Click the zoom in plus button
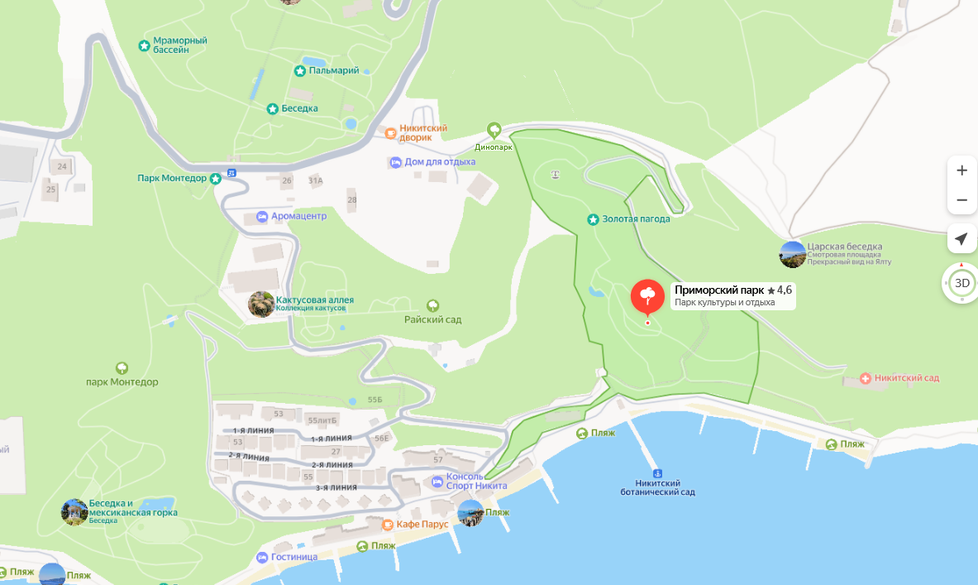point(961,170)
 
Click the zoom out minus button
point(961,200)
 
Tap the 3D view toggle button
point(961,283)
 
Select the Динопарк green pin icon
point(494,130)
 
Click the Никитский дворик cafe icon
point(390,132)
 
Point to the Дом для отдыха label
point(440,162)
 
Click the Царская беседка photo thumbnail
point(793,254)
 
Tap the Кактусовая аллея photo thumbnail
point(261,304)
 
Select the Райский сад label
point(432,319)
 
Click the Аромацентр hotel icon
point(261,216)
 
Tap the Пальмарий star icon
point(299,71)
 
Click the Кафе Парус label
point(422,525)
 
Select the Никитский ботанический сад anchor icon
point(656,471)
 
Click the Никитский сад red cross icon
point(866,378)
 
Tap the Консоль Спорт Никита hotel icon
point(437,482)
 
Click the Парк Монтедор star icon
point(216,178)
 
